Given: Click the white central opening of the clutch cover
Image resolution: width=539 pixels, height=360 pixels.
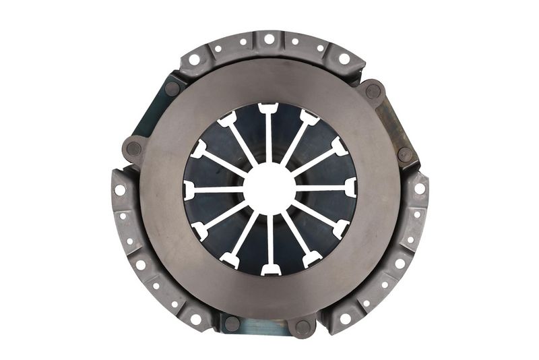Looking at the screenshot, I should [x=269, y=188].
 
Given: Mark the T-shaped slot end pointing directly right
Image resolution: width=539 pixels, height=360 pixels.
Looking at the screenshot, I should [x=350, y=187].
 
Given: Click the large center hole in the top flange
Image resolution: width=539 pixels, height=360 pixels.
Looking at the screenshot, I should [x=269, y=39].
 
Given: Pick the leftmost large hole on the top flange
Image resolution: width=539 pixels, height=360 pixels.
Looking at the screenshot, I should [x=195, y=59].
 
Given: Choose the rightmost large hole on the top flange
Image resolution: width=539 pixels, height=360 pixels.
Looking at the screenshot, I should [x=344, y=59].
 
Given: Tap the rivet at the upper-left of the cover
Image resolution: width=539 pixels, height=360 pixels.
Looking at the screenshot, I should [x=172, y=88].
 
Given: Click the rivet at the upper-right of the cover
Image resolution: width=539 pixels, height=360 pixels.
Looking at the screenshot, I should [x=373, y=91].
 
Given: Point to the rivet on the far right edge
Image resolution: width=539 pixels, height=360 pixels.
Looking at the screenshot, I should [x=405, y=154].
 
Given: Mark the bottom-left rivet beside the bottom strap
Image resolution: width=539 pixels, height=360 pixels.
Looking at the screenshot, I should [x=232, y=323].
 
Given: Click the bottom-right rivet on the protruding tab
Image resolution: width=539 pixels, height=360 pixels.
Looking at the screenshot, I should [x=303, y=328].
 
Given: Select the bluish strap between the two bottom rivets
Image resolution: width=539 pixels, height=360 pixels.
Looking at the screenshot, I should [x=266, y=328].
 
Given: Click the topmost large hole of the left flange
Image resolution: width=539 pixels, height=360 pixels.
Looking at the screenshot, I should [x=120, y=189].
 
